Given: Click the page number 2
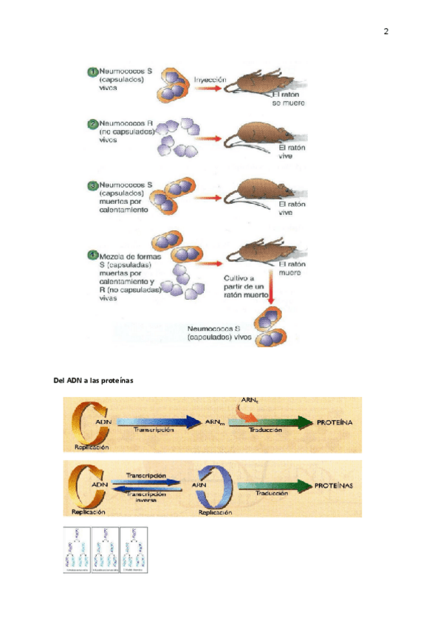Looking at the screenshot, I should coord(385,32).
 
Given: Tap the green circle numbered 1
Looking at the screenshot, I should coord(92,72).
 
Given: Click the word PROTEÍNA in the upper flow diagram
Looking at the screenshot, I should coord(334,422).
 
